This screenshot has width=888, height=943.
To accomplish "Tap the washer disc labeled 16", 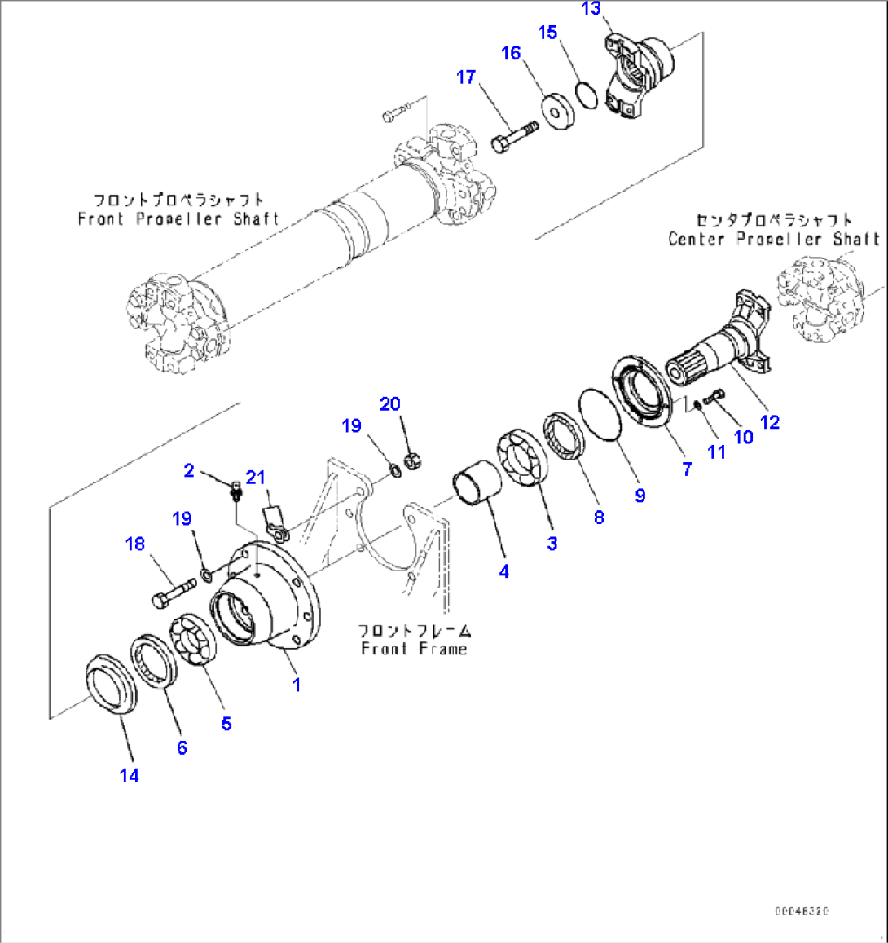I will click(x=558, y=112).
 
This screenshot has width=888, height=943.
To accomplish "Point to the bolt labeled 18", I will click(x=173, y=591).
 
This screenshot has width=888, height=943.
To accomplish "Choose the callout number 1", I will click(x=297, y=685).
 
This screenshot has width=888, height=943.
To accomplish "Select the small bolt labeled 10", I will click(x=714, y=398).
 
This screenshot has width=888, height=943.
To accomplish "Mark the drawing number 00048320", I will click(x=802, y=911).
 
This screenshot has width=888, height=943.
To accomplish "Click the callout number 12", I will click(x=769, y=422).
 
